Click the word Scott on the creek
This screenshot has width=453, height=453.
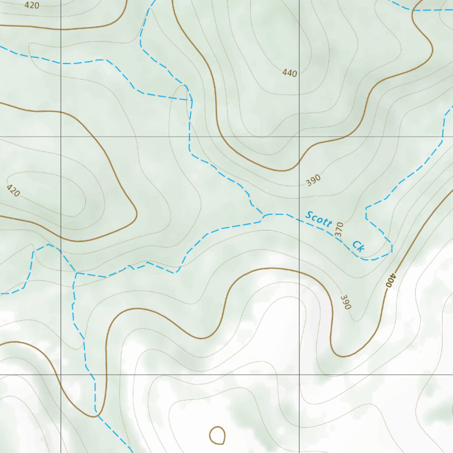pyautogui.click(x=319, y=219)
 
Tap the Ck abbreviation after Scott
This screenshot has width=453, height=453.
pyautogui.click(x=358, y=246)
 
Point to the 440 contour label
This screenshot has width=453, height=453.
pyautogui.click(x=290, y=73)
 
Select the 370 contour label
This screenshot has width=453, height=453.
pyautogui.click(x=339, y=229)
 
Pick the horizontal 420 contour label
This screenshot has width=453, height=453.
pyautogui.click(x=32, y=5)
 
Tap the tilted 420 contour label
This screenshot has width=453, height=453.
pyautogui.click(x=13, y=190)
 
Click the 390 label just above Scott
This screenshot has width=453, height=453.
pyautogui.click(x=313, y=180)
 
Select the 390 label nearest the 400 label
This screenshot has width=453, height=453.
pyautogui.click(x=346, y=301)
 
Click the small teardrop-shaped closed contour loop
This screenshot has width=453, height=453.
pyautogui.click(x=217, y=435)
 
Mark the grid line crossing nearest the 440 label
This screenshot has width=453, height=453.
pyautogui.click(x=299, y=137)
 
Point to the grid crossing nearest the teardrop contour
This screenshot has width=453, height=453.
pyautogui.click(x=299, y=375)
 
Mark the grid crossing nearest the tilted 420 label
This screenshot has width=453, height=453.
pyautogui.click(x=61, y=137)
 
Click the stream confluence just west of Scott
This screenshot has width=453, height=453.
pyautogui.click(x=264, y=215)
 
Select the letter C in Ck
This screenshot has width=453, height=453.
pyautogui.click(x=356, y=245)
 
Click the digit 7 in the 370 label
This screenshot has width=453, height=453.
pyautogui.click(x=339, y=229)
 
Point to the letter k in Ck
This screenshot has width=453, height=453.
pyautogui.click(x=361, y=249)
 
